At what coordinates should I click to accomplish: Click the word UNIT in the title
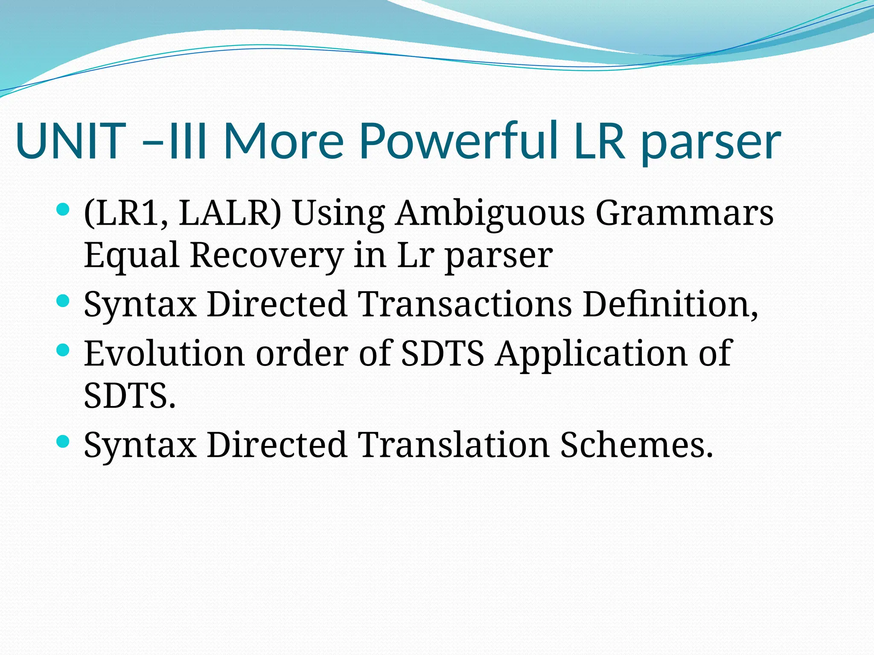(x=71, y=141)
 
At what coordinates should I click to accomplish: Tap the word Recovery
(x=267, y=256)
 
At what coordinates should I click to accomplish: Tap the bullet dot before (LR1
(x=63, y=209)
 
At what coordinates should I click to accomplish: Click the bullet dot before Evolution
(x=63, y=351)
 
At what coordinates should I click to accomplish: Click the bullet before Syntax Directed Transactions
(x=63, y=301)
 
